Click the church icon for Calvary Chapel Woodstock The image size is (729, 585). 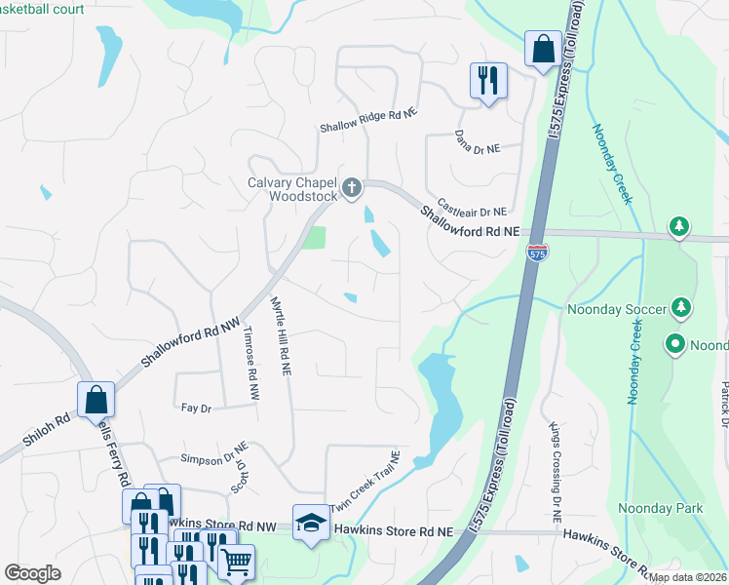tap(352, 186)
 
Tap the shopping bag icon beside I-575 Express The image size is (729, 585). tap(542, 49)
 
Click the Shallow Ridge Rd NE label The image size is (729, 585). tap(369, 128)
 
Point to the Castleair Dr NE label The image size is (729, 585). tap(472, 207)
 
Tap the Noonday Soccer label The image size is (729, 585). tap(617, 310)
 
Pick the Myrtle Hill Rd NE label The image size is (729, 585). tap(281, 336)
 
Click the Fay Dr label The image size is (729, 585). tap(197, 409)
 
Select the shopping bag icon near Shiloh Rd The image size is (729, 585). tap(96, 398)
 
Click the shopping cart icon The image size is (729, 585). tap(237, 562)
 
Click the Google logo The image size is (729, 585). tap(32, 573)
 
